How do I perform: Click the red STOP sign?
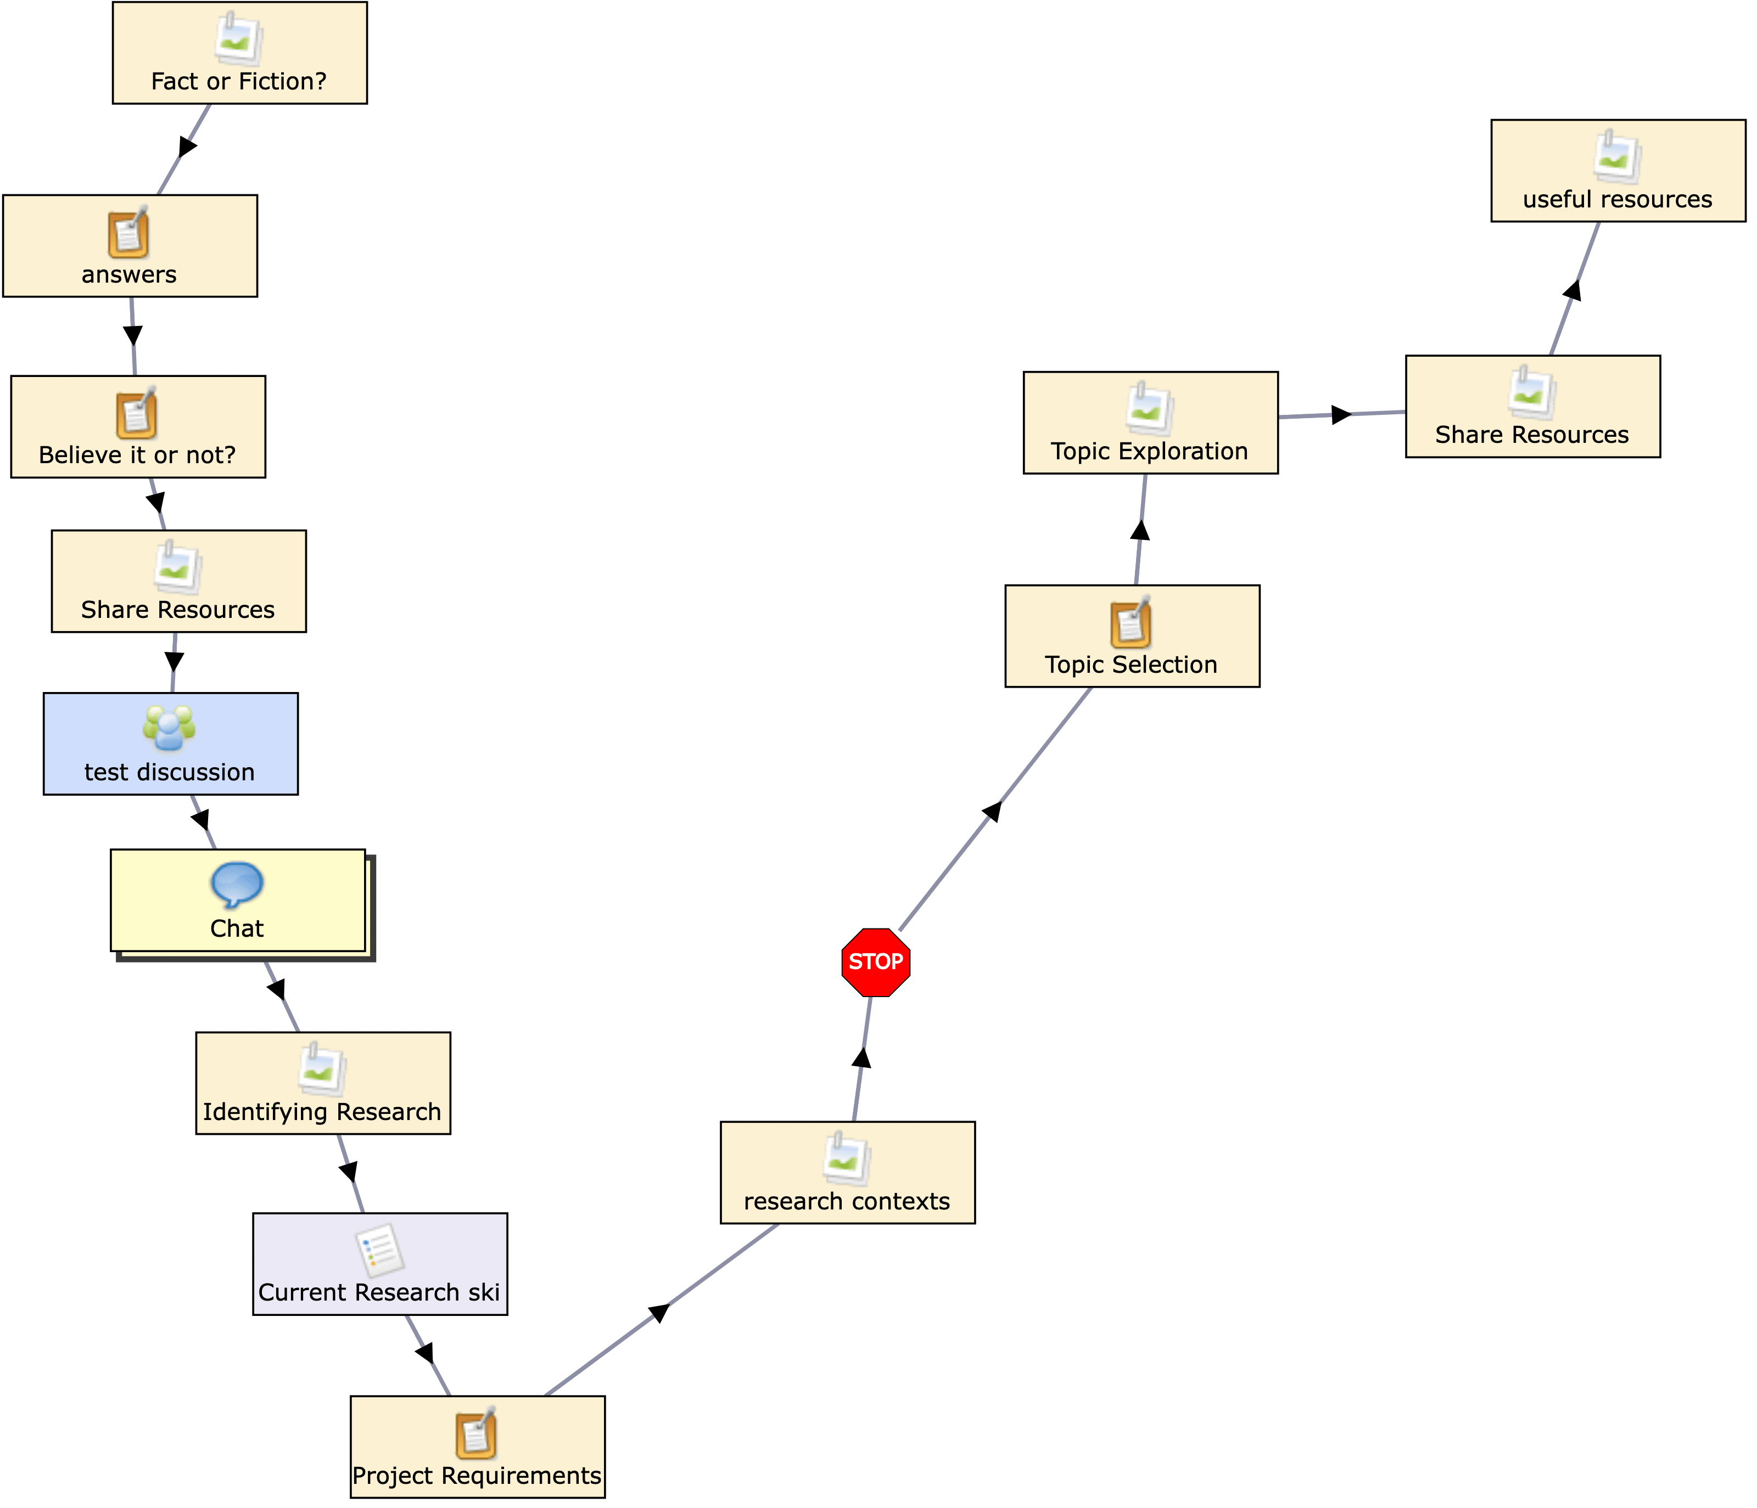pyautogui.click(x=876, y=962)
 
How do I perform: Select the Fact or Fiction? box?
pyautogui.click(x=239, y=53)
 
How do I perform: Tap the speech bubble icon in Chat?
pyautogui.click(x=237, y=884)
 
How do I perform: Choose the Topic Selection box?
pyautogui.click(x=1132, y=636)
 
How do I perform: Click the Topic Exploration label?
pyautogui.click(x=1149, y=451)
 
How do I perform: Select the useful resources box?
pyautogui.click(x=1618, y=170)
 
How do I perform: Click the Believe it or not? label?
pyautogui.click(x=137, y=455)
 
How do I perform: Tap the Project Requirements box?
pyautogui.click(x=477, y=1447)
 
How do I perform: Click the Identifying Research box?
pyautogui.click(x=323, y=1083)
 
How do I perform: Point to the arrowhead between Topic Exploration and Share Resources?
pyautogui.click(x=1341, y=414)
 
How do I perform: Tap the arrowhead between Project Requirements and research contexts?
pyautogui.click(x=659, y=1313)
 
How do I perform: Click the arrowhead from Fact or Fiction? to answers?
pyautogui.click(x=187, y=146)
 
